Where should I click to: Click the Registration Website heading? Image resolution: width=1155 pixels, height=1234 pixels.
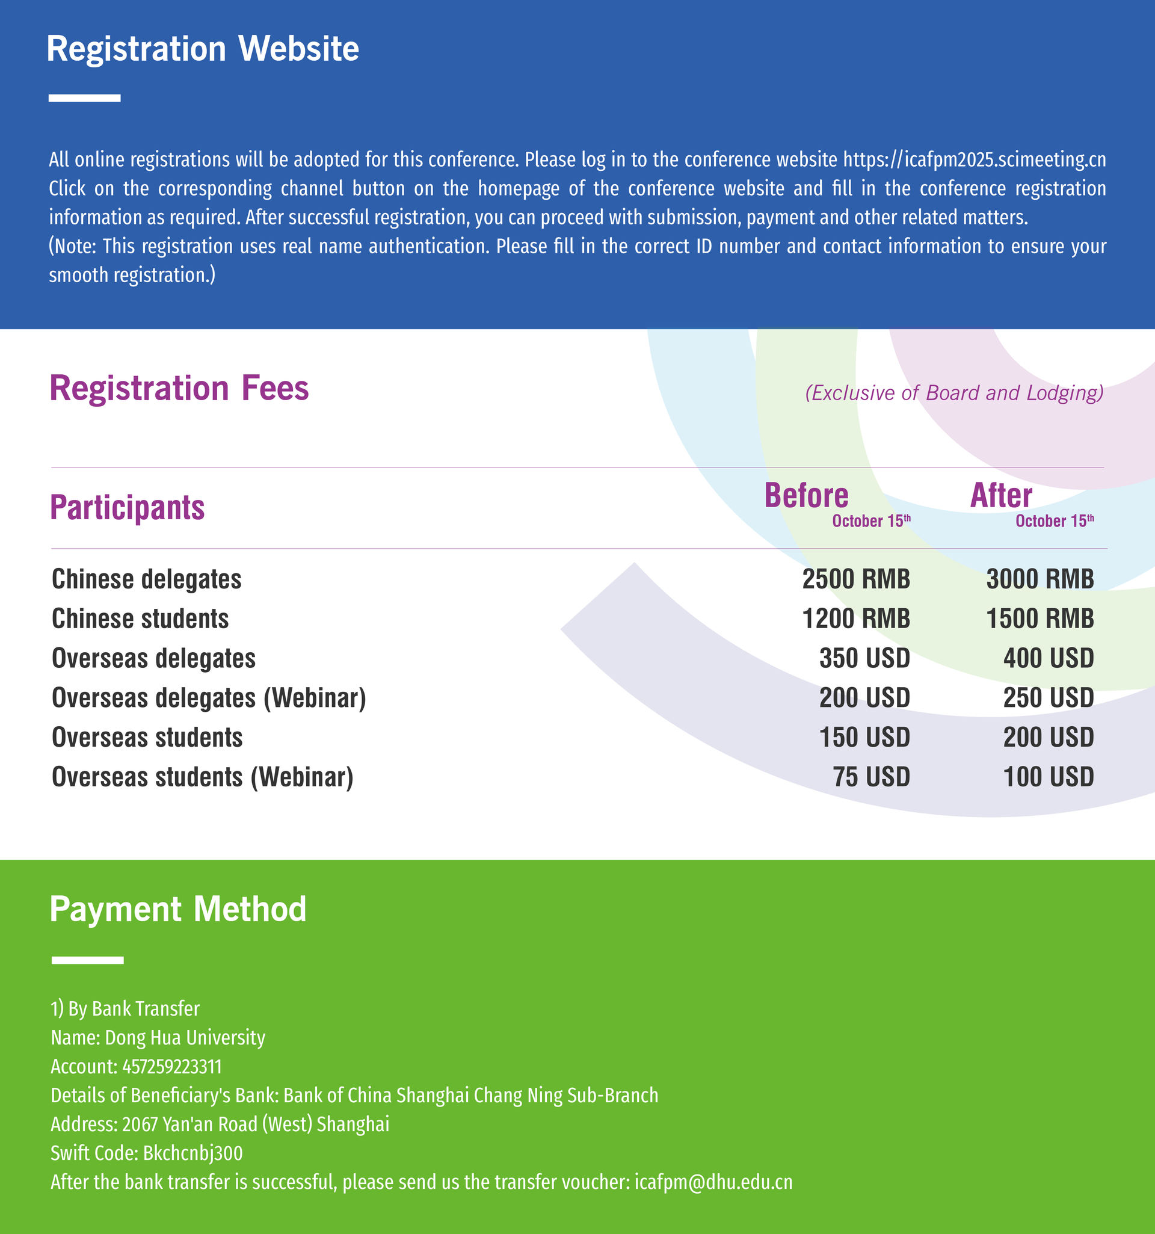tap(202, 48)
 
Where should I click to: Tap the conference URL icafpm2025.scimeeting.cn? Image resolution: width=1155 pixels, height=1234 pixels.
tap(974, 159)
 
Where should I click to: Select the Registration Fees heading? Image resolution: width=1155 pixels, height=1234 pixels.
tap(179, 389)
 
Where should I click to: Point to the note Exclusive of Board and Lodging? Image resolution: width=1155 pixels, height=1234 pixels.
tap(954, 393)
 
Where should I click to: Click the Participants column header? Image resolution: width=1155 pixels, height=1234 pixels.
tap(127, 508)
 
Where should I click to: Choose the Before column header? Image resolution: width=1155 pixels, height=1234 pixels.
tap(806, 496)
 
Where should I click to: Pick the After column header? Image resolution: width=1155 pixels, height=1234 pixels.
tap(1001, 496)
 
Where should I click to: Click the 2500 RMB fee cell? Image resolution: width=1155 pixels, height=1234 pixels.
tap(856, 579)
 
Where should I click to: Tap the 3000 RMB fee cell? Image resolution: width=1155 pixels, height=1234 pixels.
tap(1039, 579)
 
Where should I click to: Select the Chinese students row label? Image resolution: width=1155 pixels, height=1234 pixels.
tap(140, 619)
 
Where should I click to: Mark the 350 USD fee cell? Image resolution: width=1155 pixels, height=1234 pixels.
tap(864, 659)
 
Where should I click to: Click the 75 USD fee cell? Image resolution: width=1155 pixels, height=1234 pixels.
tap(872, 777)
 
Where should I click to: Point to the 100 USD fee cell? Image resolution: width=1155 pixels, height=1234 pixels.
tap(1049, 777)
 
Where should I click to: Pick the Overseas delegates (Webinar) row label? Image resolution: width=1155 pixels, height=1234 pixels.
tap(209, 699)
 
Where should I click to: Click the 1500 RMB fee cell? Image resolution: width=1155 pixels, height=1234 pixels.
tap(1039, 619)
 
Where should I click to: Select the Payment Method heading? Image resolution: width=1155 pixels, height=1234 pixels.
tap(177, 909)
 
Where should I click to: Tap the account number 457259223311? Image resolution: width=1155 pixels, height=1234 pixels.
tap(172, 1067)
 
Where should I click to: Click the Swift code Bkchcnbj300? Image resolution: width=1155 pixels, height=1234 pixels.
tap(192, 1153)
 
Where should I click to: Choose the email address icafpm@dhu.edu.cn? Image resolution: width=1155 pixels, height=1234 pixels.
tap(713, 1182)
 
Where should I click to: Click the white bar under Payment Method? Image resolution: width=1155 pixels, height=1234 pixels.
tap(87, 960)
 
